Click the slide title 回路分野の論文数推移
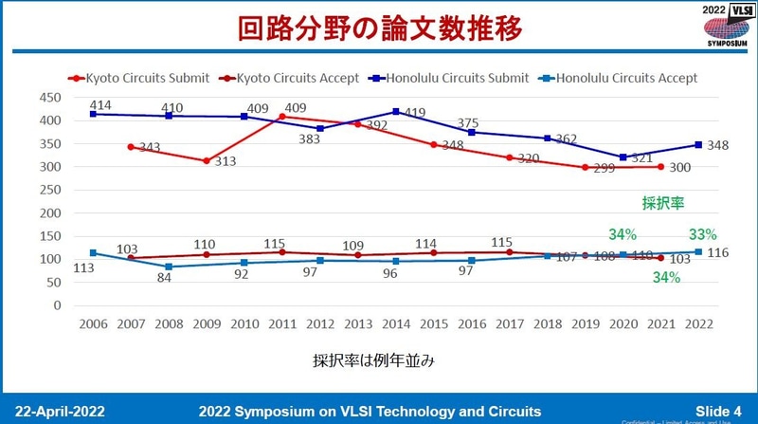[x=379, y=28]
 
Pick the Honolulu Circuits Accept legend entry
[x=621, y=77]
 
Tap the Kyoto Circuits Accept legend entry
[x=290, y=77]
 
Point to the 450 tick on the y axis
[x=50, y=98]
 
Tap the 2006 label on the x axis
[x=92, y=323]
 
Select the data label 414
[x=102, y=102]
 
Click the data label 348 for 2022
[x=724, y=145]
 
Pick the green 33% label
[x=702, y=234]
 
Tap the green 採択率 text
[x=662, y=202]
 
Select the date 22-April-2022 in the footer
[x=61, y=411]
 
